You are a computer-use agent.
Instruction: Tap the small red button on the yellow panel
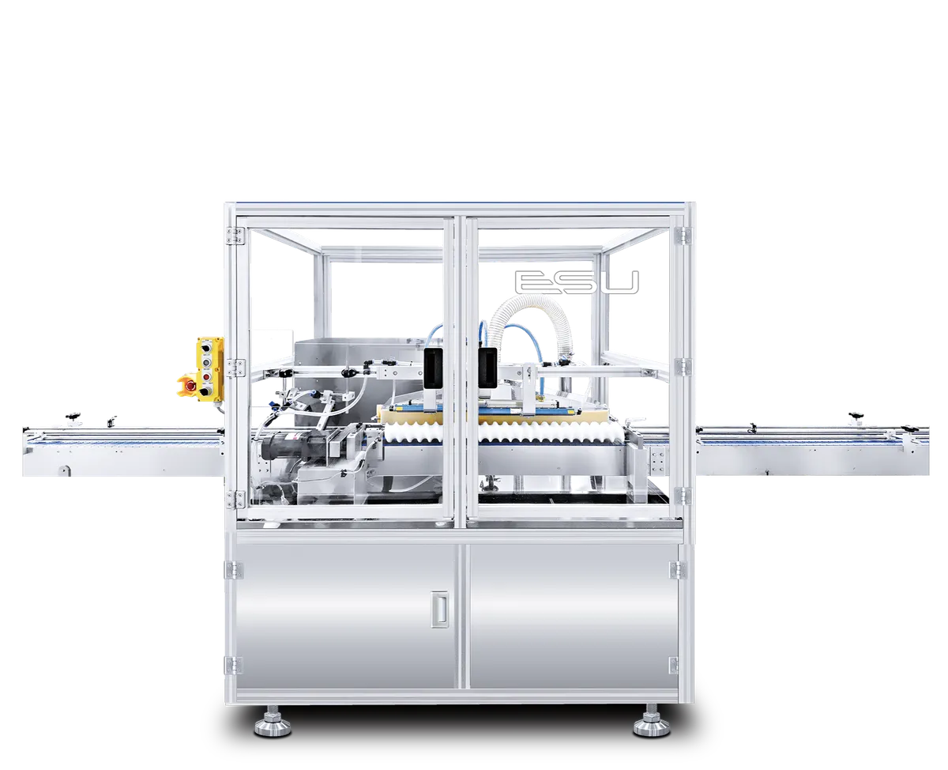click(x=206, y=377)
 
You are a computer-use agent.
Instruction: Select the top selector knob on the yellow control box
click(x=205, y=348)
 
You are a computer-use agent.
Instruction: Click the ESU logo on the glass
click(x=577, y=282)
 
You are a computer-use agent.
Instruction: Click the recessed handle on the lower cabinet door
click(x=439, y=609)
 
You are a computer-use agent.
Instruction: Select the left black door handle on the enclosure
click(x=433, y=367)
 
